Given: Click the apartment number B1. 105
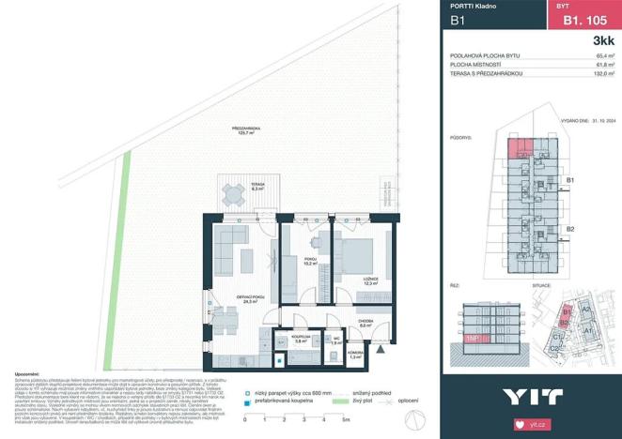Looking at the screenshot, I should (x=582, y=19).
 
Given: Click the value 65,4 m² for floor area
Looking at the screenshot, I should (x=605, y=56).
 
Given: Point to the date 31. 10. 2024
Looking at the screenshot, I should (x=599, y=120).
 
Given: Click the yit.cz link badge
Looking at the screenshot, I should (x=531, y=424).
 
